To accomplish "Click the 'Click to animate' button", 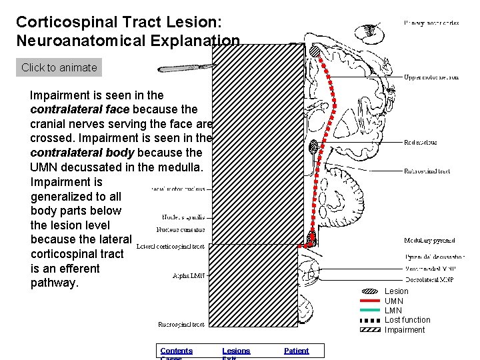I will point(59,67).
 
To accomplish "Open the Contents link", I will point(176,351).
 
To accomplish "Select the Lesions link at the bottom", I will point(236,351).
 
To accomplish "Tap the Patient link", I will point(296,351).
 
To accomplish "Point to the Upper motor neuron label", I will point(431,77).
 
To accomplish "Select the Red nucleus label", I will point(421,143).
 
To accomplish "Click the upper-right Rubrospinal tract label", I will point(427,171).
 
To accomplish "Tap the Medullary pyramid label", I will point(429,241).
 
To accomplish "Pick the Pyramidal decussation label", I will point(435,257).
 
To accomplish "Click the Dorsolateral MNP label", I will point(429,279).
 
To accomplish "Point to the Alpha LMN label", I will point(189,275).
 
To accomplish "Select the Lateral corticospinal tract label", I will point(171,247).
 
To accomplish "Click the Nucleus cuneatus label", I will point(181,230).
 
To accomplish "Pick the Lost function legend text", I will point(407,320).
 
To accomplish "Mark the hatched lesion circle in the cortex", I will point(315,51).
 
